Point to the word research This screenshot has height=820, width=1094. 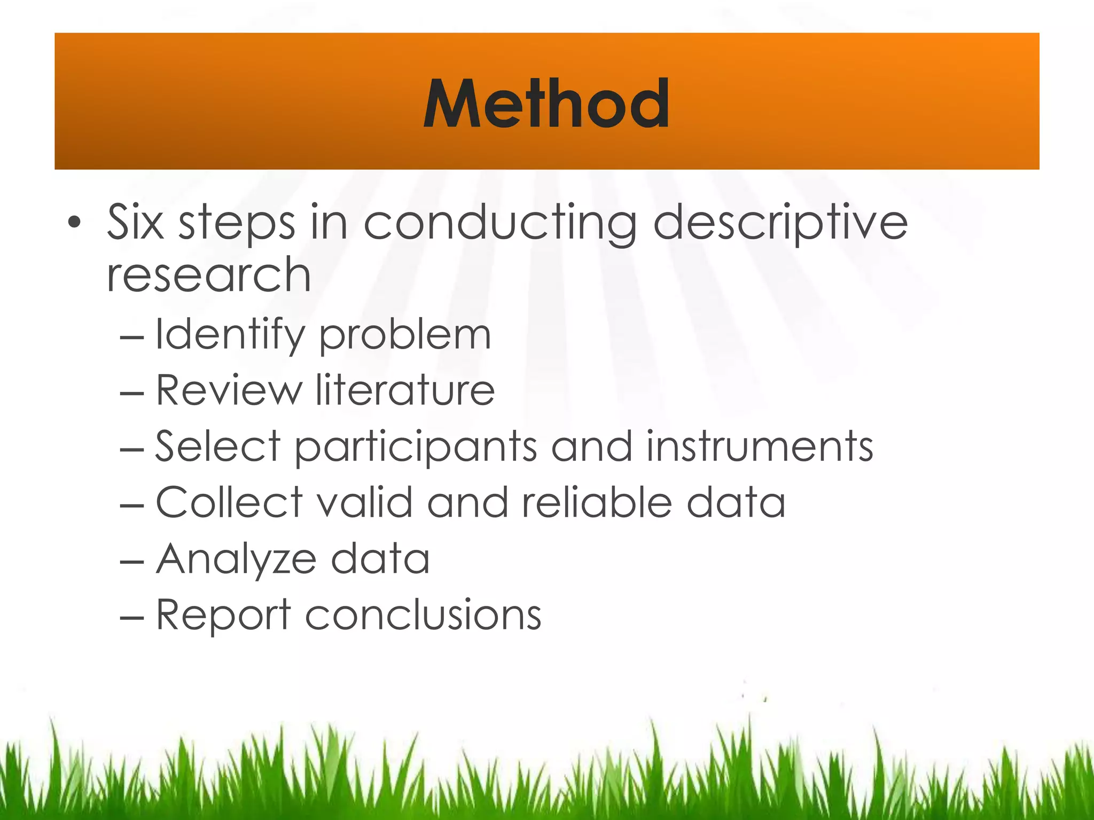coord(208,274)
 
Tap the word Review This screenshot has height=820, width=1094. coord(229,390)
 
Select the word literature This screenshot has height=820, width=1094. coord(405,390)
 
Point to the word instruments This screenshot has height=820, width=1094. coord(759,446)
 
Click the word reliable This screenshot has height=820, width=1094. coord(596,502)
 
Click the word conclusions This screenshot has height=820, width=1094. coord(423,615)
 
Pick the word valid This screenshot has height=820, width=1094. coord(365,502)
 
